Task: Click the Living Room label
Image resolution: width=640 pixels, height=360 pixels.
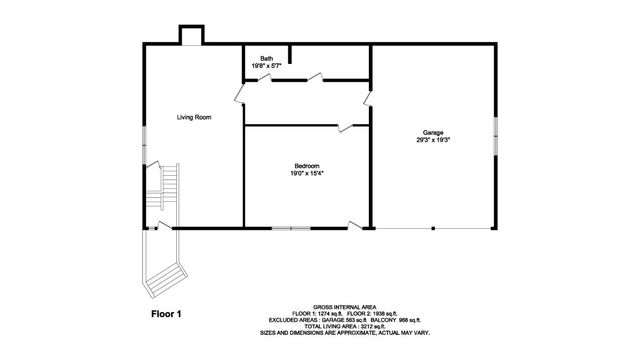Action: coord(194,117)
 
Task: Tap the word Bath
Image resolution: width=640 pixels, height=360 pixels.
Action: coord(266,59)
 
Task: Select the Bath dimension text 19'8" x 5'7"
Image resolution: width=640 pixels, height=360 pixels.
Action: coord(266,66)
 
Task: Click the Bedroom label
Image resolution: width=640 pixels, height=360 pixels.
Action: coord(306,165)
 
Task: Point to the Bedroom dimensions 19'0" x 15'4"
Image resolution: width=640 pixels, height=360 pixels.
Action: coord(306,173)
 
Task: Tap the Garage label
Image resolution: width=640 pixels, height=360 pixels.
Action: coord(432,133)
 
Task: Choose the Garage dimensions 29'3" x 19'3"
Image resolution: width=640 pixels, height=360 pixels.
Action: coord(432,140)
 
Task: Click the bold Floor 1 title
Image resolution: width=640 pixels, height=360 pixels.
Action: coord(166,313)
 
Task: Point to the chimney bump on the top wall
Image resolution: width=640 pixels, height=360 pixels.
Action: coord(190,34)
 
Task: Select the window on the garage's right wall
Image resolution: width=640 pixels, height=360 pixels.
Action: coord(495,134)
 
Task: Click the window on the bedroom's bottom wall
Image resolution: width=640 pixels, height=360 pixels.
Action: coord(292,229)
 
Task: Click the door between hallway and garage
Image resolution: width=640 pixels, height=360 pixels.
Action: coord(368,98)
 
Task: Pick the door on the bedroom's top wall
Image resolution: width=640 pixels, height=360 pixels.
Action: coord(346,126)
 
